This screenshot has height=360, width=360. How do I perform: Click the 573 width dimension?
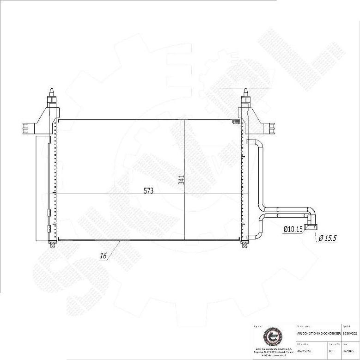click(x=148, y=190)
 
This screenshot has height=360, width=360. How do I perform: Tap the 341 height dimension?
click(x=182, y=180)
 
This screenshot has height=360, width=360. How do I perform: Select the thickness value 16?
click(x=103, y=255)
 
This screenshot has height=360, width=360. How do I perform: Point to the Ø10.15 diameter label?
click(x=293, y=229)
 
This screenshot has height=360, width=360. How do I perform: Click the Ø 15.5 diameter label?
click(x=327, y=238)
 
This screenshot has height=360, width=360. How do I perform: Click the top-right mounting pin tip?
click(x=245, y=91)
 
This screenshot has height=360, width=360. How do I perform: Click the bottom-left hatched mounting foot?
click(x=52, y=245)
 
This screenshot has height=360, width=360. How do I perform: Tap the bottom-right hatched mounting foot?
click(x=244, y=245)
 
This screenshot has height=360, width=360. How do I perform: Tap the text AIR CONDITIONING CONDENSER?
click(x=318, y=333)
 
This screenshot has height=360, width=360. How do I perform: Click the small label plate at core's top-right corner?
click(x=236, y=122)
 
